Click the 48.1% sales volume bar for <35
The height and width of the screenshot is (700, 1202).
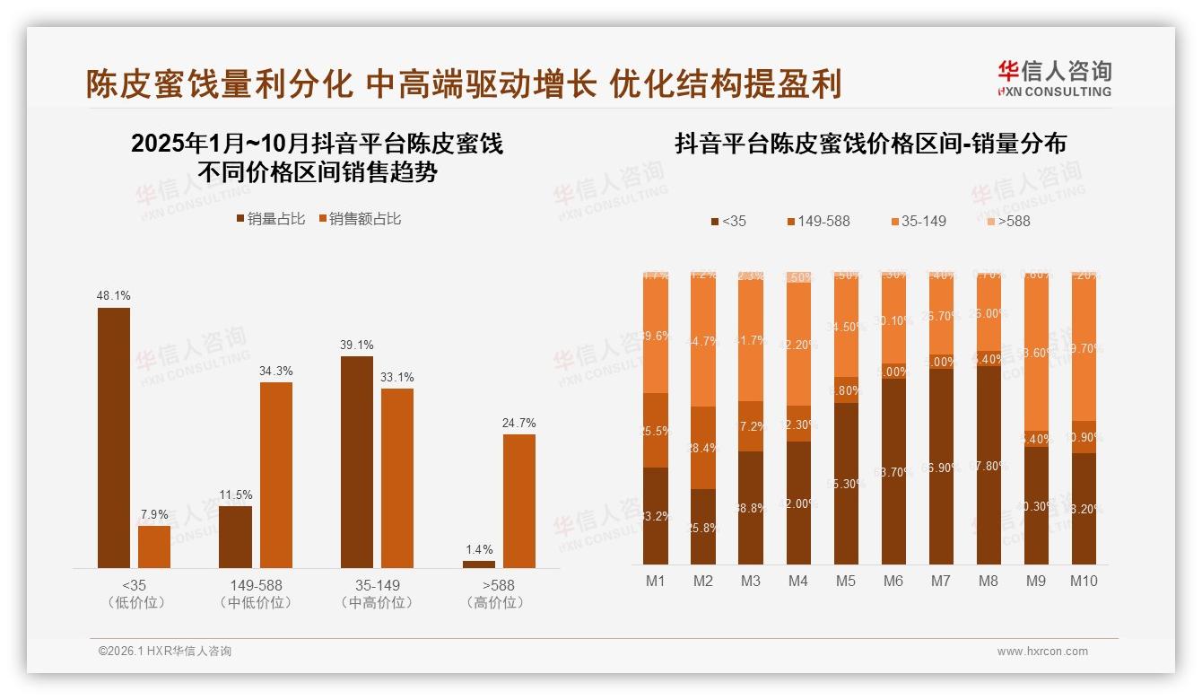[114, 437]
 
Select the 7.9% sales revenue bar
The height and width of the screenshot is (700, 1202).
[154, 547]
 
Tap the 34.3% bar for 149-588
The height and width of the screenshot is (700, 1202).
[276, 475]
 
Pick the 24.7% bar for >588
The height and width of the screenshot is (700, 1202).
[519, 501]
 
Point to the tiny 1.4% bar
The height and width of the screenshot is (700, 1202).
[479, 564]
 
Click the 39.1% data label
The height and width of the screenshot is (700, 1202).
[357, 345]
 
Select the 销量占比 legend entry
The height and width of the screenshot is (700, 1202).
[270, 218]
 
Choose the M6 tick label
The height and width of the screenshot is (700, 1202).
[893, 581]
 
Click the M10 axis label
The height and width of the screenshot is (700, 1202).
[1084, 581]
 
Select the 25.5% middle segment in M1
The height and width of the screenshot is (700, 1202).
[656, 430]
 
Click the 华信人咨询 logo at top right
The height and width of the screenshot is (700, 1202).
[1055, 78]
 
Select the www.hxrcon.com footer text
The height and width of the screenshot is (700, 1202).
[1041, 652]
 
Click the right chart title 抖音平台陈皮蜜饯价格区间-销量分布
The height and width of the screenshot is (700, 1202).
[870, 144]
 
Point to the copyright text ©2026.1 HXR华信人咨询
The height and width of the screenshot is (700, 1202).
[164, 652]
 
